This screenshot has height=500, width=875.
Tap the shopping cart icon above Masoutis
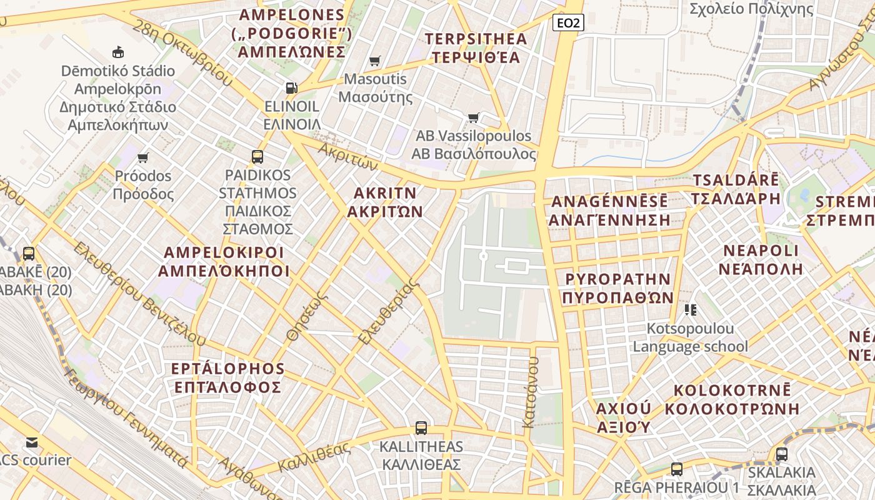pyautogui.click(x=375, y=61)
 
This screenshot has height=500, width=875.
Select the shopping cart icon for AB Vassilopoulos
pyautogui.click(x=474, y=117)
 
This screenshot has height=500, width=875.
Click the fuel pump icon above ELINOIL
pyautogui.click(x=291, y=87)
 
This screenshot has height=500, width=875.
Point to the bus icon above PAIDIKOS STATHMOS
pyautogui.click(x=257, y=156)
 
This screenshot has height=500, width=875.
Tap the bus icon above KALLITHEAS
pyautogui.click(x=421, y=428)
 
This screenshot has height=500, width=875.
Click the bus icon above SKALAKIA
pyautogui.click(x=781, y=454)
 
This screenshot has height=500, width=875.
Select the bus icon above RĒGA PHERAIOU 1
pyautogui.click(x=676, y=469)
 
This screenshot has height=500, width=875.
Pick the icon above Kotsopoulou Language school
pyautogui.click(x=691, y=309)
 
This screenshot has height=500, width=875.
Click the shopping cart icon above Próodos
pyautogui.click(x=143, y=157)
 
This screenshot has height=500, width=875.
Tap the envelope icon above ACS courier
pyautogui.click(x=32, y=442)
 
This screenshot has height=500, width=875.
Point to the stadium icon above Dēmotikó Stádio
pyautogui.click(x=117, y=52)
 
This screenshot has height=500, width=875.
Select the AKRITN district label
pyautogui.click(x=385, y=192)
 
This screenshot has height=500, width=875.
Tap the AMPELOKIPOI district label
pyautogui.click(x=224, y=253)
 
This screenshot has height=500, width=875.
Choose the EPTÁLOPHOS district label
pyautogui.click(x=228, y=369)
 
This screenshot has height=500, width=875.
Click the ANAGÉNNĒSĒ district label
pyautogui.click(x=609, y=202)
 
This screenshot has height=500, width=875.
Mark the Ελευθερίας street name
pyautogui.click(x=388, y=311)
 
